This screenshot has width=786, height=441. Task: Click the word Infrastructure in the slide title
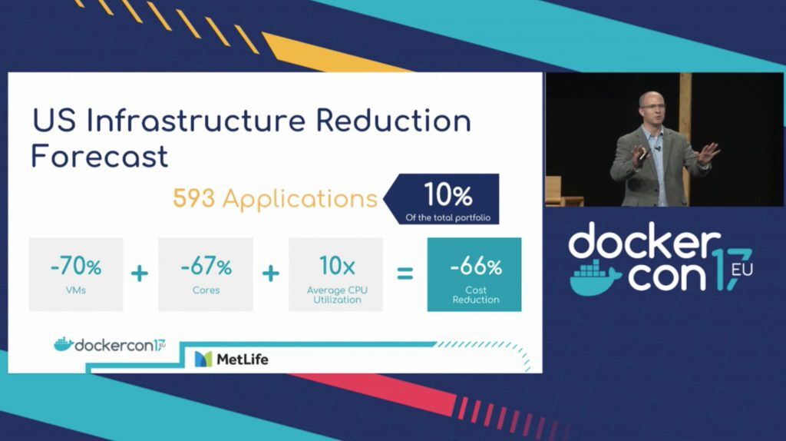pos(196,121)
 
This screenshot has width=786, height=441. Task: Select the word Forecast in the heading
pos(99,156)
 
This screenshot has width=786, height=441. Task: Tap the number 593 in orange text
pos(194,198)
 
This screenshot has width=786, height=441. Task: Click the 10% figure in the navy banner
pos(447,194)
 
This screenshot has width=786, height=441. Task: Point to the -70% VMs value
pos(76,267)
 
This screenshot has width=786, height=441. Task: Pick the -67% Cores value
pos(206,267)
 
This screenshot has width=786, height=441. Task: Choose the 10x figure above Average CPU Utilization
pos(337,266)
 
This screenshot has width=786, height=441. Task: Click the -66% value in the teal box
pos(475,267)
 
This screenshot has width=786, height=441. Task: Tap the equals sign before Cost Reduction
pos(405,274)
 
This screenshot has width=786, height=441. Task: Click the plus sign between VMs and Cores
pos(140,274)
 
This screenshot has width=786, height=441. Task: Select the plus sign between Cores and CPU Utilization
pos(271,274)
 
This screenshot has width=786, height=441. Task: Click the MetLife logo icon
pos(203,360)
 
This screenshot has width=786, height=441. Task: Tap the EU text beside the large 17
pos(741,270)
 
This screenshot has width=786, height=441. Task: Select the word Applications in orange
pos(300,199)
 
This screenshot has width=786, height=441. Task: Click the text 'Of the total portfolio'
pos(448,217)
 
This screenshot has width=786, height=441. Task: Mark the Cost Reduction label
pos(476,294)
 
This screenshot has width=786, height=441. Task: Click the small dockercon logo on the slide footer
pos(110,345)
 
